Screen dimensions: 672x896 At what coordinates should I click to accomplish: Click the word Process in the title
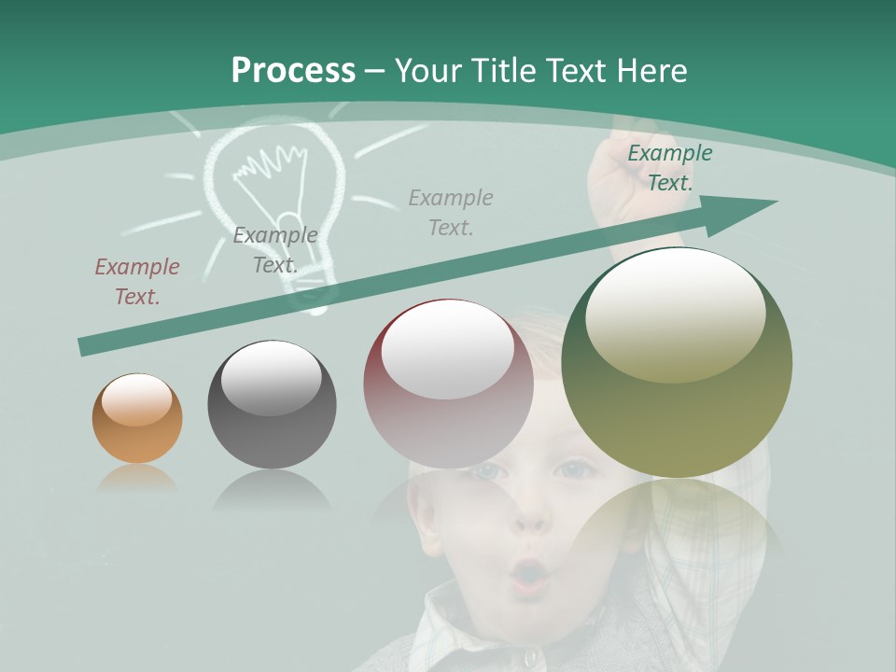coord(293,70)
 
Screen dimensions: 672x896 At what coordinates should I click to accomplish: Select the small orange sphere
coord(137,418)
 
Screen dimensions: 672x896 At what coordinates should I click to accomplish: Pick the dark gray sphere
coord(272,404)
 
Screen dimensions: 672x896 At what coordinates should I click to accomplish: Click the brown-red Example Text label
coord(137,281)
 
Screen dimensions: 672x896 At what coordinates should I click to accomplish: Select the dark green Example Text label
coord(669,167)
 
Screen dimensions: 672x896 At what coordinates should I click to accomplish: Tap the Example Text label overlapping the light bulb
coord(274,249)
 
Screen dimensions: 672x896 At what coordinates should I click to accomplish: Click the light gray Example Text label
coord(451,212)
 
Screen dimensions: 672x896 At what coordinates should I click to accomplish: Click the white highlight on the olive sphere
coord(675,314)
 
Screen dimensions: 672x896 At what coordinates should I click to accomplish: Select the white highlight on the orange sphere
coord(136,399)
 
